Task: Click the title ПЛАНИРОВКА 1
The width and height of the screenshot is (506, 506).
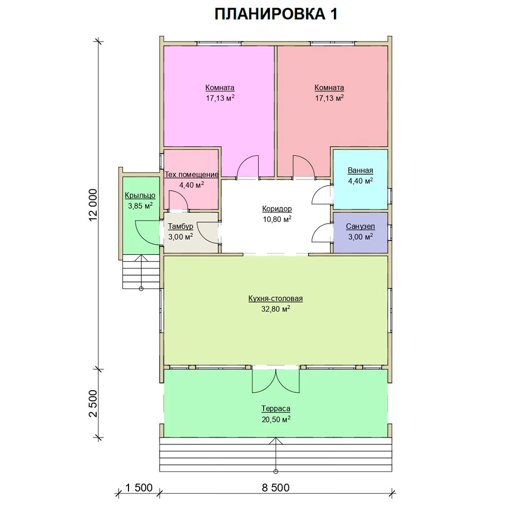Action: (276, 14)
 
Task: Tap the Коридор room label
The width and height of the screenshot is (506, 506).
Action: (277, 209)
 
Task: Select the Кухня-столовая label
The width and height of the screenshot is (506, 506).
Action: (276, 299)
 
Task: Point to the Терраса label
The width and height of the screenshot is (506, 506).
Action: (276, 408)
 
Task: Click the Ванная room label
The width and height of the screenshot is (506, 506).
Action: (360, 171)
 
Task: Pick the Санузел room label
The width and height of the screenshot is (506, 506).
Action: (360, 227)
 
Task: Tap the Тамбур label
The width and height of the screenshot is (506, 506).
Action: (181, 226)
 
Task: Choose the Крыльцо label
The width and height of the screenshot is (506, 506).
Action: (140, 195)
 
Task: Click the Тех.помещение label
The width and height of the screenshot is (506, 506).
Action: (192, 175)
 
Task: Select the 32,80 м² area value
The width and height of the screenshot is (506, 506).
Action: (276, 309)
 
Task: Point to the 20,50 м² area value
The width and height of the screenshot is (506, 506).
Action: (276, 419)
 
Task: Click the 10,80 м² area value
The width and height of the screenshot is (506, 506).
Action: (277, 220)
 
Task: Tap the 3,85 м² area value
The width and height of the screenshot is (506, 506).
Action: (140, 205)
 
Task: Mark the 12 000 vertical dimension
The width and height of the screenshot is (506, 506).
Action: (93, 205)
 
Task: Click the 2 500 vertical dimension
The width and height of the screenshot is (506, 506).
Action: (93, 403)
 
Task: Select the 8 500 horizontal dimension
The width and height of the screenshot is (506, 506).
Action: (276, 488)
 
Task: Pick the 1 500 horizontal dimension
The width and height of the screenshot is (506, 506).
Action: (139, 488)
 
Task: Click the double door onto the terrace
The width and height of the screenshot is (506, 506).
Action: (276, 381)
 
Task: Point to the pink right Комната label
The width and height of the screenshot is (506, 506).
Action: (329, 88)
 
